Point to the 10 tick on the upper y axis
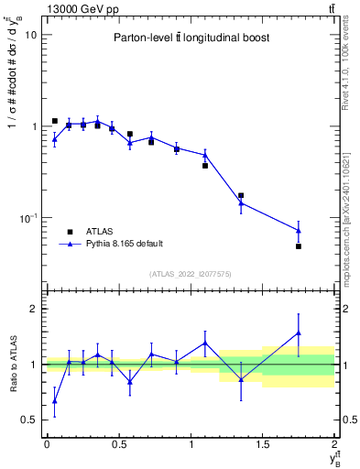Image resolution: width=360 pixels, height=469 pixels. pyautogui.click(x=30, y=35)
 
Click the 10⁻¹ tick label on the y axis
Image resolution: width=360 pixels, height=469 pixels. pyautogui.click(x=28, y=218)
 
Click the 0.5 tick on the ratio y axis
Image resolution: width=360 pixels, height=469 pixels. pyautogui.click(x=28, y=420)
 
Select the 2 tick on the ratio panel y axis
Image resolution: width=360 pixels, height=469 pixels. pyautogui.click(x=33, y=309)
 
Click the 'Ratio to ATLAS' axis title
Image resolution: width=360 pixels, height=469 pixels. pyautogui.click(x=12, y=364)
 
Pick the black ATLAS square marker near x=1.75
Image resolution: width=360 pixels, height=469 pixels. pyautogui.click(x=299, y=246)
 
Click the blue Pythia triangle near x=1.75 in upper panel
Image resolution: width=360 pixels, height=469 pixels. pyautogui.click(x=299, y=231)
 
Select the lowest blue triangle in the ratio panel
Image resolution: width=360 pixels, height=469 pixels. pyautogui.click(x=54, y=400)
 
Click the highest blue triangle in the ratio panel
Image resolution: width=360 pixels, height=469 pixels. pyautogui.click(x=299, y=333)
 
